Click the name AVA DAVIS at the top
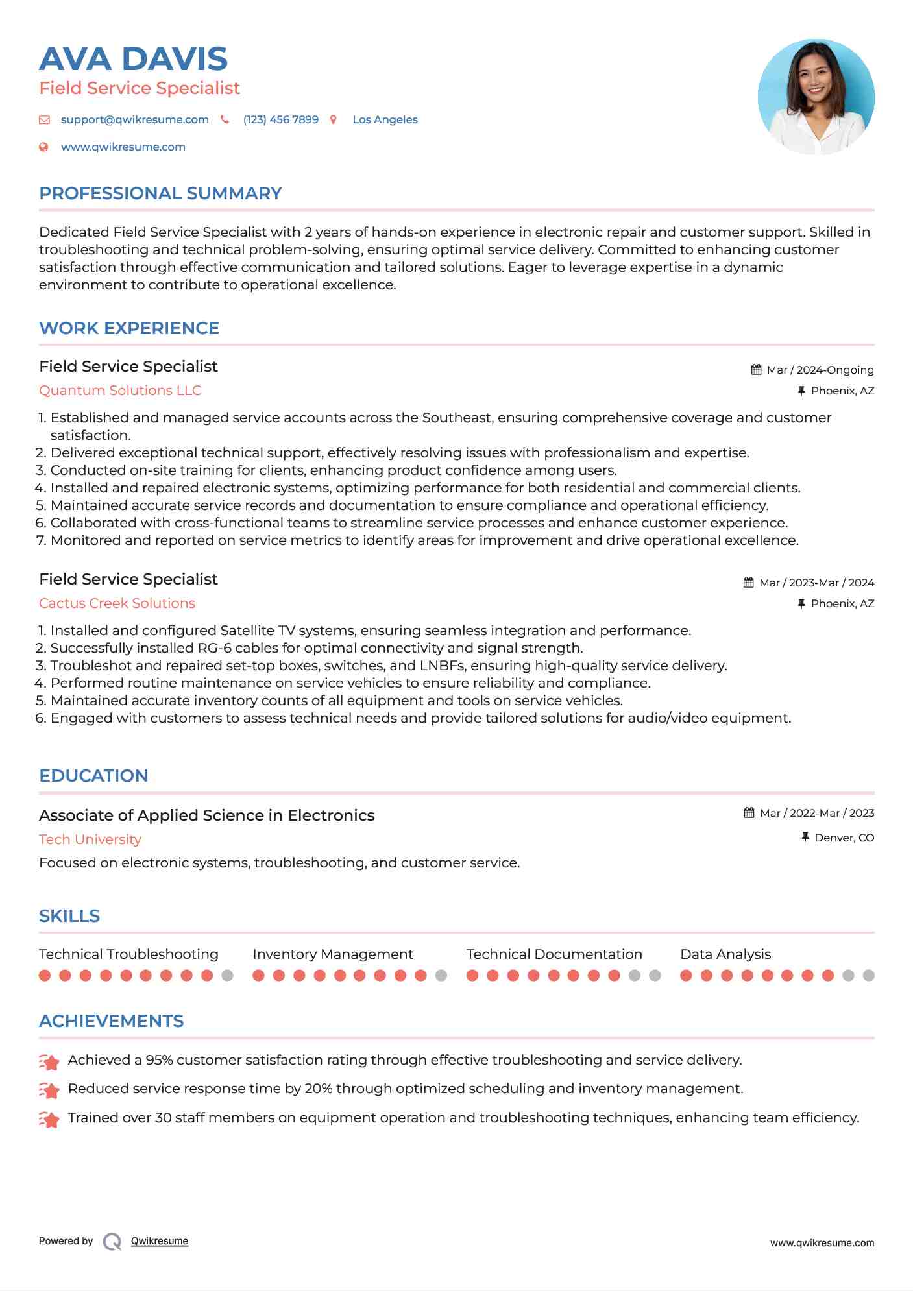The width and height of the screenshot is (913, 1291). click(133, 59)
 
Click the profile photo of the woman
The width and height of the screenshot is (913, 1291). click(816, 97)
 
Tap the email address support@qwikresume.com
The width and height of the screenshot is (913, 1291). click(134, 119)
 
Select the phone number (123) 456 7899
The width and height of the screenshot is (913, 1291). click(280, 119)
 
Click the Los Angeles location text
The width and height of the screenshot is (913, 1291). click(385, 119)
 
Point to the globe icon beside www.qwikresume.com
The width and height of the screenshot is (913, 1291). click(43, 147)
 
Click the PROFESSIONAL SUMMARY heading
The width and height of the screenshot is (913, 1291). click(160, 193)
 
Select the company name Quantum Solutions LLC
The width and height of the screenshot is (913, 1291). click(120, 391)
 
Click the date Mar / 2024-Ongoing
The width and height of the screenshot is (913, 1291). click(820, 370)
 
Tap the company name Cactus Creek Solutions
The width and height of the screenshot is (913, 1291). click(117, 603)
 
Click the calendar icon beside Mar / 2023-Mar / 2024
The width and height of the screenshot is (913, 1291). click(748, 583)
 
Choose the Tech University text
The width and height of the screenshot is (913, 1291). click(90, 839)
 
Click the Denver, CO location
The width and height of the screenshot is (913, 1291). click(844, 838)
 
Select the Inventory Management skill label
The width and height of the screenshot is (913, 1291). click(332, 954)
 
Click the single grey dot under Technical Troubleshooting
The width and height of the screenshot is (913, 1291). click(227, 975)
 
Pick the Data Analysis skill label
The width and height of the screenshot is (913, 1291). click(725, 954)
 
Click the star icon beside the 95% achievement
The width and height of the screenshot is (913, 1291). click(49, 1062)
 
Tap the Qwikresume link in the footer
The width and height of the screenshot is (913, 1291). click(160, 1241)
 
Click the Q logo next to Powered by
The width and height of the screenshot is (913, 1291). click(112, 1242)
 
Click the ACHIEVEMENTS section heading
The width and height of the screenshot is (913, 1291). click(111, 1021)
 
